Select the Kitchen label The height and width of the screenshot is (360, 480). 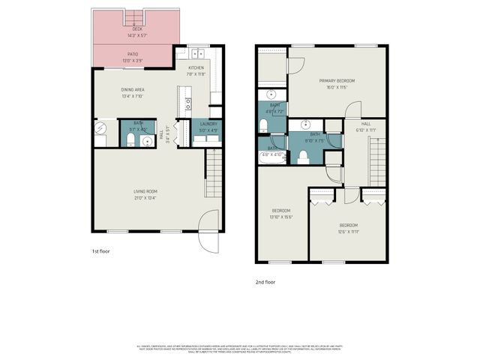(x=196, y=68)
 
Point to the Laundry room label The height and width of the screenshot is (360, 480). (x=208, y=124)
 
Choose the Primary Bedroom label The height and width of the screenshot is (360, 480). (x=336, y=80)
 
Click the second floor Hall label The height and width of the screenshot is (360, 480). (x=366, y=124)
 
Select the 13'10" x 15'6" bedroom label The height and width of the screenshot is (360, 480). (x=280, y=211)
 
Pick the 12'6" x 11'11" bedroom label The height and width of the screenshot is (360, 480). (x=349, y=225)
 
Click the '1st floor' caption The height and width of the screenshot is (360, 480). (x=100, y=251)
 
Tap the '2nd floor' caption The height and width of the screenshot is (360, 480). (x=265, y=282)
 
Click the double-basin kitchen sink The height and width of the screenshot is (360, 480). (x=196, y=53)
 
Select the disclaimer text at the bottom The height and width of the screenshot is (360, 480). (x=240, y=348)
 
